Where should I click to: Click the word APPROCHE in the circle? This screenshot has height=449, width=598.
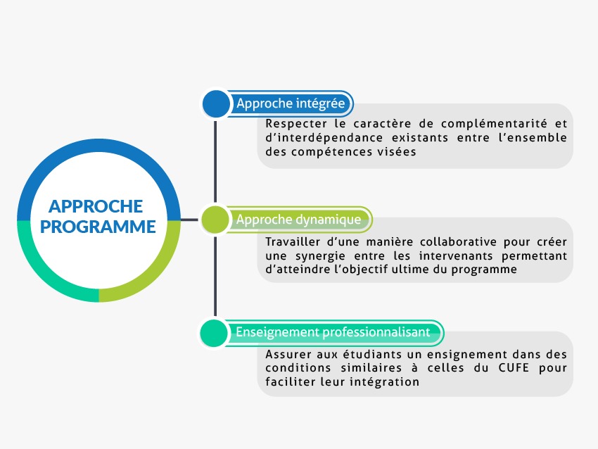coord(96,206)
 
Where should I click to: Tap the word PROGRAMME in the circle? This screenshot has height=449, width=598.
coord(98,227)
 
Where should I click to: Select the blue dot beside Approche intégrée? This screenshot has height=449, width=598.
coord(216,103)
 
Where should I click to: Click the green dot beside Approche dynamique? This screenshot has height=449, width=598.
coord(215,220)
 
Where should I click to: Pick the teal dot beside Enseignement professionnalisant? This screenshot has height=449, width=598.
coord(214,333)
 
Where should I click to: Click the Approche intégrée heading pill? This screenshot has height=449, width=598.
coord(291,103)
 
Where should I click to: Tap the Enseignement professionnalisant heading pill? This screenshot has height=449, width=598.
coord(333,332)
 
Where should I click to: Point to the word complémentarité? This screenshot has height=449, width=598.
coord(494,124)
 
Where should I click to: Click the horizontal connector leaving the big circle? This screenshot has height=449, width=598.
coord(189,220)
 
